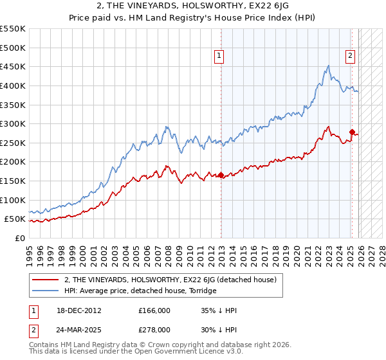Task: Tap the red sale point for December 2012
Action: point(221,175)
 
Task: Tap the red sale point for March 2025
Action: point(352,132)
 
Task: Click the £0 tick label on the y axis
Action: point(19,238)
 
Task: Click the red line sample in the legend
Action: point(46,280)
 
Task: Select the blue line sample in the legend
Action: point(46,291)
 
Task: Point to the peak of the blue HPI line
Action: point(329,65)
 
